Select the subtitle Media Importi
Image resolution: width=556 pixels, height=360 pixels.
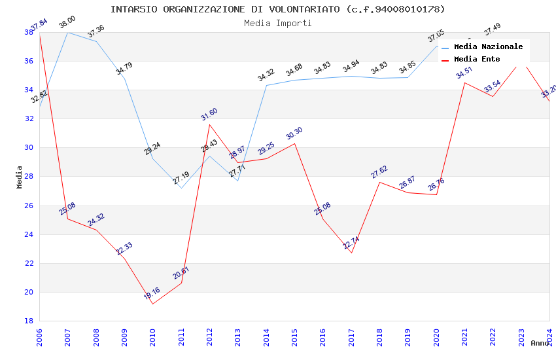point(277,23)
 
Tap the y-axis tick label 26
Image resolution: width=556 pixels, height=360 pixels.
point(29,206)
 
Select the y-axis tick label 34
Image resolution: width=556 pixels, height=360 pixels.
point(29,90)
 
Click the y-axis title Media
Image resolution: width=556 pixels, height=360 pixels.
point(20,177)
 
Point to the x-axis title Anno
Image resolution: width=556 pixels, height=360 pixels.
point(540,343)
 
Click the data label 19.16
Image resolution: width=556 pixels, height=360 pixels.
point(152,293)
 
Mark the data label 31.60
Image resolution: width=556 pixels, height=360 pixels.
point(209,114)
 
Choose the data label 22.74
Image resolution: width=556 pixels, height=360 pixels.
point(351,243)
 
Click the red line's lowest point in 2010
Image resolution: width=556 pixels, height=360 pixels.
point(152,304)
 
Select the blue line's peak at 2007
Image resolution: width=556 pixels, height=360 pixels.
point(67,32)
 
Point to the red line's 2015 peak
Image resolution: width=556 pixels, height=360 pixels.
point(294,143)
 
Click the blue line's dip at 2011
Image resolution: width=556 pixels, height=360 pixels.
point(181,188)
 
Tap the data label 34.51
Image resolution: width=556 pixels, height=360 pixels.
point(464,72)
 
